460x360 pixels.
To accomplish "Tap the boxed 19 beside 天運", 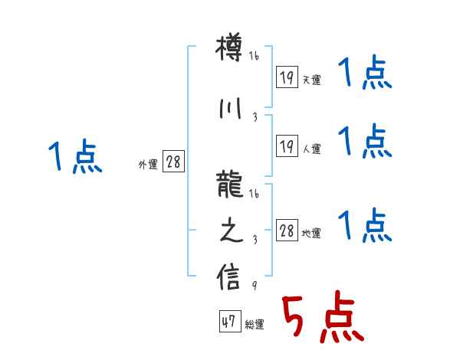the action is [287, 77].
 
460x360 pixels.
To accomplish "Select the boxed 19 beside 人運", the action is [287, 146].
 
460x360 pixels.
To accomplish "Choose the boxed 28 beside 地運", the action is [287, 230].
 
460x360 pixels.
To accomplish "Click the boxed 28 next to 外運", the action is [173, 162].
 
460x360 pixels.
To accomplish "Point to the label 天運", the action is [311, 80].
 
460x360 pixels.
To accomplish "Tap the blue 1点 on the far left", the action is [75, 157].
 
